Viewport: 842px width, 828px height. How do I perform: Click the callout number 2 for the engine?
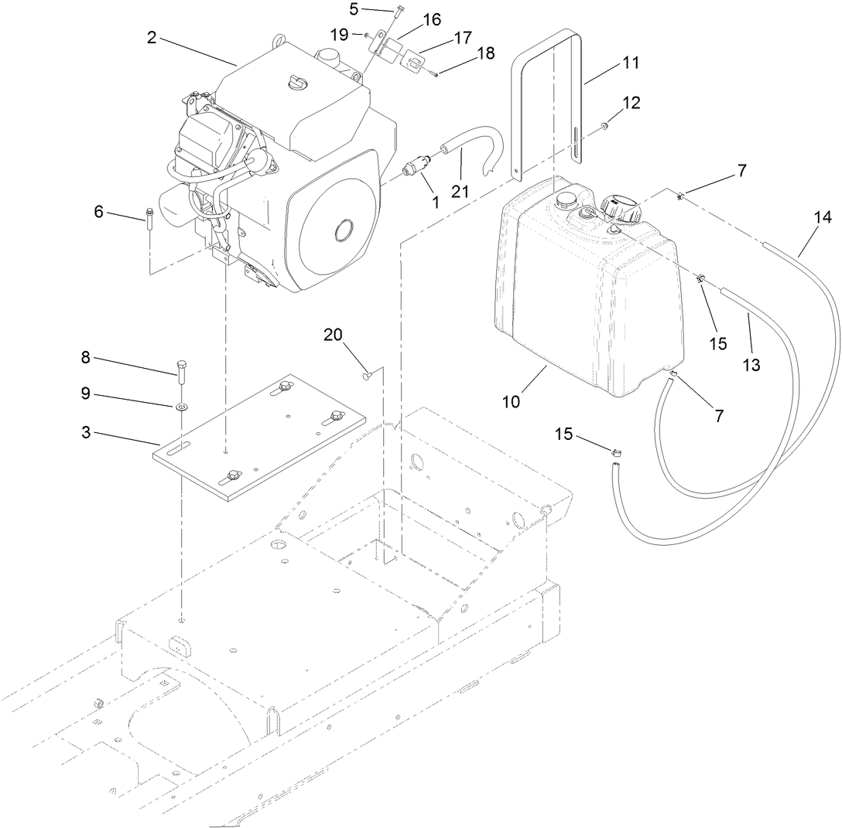[x=152, y=37]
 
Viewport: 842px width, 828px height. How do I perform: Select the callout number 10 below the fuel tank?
[x=512, y=401]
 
